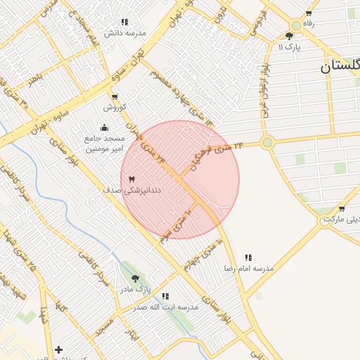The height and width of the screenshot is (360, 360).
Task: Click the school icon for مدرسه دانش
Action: (x=125, y=22)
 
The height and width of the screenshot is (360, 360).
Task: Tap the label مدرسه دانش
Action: (x=125, y=33)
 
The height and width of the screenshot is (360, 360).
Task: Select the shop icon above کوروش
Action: (x=115, y=97)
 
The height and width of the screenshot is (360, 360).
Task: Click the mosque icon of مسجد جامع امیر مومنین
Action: (x=105, y=127)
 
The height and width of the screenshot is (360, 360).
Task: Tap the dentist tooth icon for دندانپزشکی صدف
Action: (x=131, y=180)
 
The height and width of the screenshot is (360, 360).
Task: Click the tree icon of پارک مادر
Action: (x=135, y=278)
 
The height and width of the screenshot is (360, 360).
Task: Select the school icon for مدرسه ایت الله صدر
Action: (x=165, y=297)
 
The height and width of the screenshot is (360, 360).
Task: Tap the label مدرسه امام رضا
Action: (x=248, y=269)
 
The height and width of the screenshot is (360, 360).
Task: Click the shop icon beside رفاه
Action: (x=309, y=13)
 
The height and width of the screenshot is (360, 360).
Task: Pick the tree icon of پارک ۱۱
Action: (x=290, y=36)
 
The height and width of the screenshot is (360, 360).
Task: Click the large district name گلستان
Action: (x=340, y=67)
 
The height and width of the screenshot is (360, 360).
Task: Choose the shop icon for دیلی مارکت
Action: (x=342, y=209)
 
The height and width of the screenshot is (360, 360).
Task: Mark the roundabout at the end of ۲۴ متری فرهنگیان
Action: (x=266, y=143)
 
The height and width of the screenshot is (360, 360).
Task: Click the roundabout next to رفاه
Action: (x=296, y=25)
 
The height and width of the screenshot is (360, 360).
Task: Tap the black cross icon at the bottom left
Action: (x=58, y=349)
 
